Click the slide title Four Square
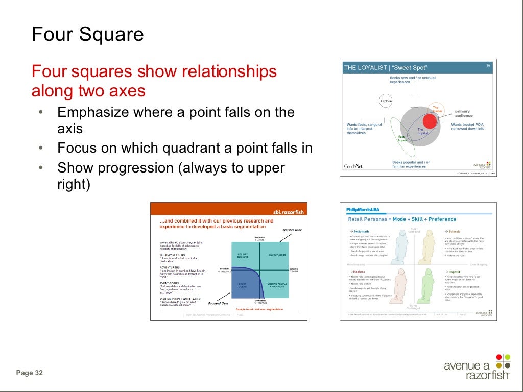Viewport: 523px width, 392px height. coord(87,35)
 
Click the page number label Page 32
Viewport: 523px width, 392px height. coord(30,373)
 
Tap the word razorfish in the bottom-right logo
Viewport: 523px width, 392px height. coord(487,376)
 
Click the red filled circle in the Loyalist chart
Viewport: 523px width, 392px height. coord(430,121)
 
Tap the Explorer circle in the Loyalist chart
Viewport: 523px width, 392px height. coord(386,101)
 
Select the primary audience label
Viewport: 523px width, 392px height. coord(463,113)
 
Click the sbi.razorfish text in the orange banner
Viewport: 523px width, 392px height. coord(288,211)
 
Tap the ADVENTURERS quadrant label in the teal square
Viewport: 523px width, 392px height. coord(277,255)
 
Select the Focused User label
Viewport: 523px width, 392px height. coord(218,303)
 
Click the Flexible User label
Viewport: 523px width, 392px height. coord(292,230)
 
